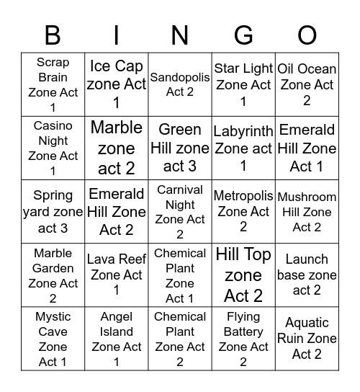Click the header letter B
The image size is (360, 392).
pos(53,35)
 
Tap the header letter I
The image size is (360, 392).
pos(117,35)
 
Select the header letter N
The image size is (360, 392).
pos(180,35)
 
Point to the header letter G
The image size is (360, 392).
pos(243,35)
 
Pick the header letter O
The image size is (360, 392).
pos(307,35)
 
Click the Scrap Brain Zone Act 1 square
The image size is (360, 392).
pos(53,85)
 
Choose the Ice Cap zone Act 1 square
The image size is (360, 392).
pos(117,85)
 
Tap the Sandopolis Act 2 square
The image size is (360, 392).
pos(180,85)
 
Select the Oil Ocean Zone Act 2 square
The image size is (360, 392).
pos(307,85)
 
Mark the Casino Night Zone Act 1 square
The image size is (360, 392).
pos(53,148)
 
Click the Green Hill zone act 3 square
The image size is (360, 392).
pos(180,148)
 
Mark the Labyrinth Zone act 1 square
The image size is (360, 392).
pos(243,148)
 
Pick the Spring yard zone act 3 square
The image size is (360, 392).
pos(53,212)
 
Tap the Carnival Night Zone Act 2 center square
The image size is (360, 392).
pos(180,212)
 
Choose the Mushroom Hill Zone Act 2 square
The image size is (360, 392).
pos(307,212)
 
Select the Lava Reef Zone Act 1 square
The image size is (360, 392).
pos(117,275)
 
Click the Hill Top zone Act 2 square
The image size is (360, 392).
pos(243,275)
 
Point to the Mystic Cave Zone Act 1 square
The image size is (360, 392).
pos(53,339)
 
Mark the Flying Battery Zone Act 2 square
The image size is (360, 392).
pos(243,339)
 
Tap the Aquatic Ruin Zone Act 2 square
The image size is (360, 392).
pos(307,339)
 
